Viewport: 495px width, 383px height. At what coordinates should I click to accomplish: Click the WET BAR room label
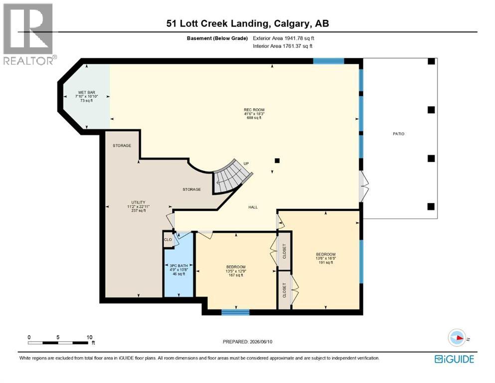(x=87, y=93)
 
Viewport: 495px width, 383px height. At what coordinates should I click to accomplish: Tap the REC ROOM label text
(x=254, y=110)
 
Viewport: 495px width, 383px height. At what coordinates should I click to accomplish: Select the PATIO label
(x=398, y=134)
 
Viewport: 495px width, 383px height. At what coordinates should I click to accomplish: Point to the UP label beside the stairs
(x=246, y=164)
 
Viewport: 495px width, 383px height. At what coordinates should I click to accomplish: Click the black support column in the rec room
(x=277, y=161)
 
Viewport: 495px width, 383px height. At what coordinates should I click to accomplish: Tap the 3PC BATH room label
(x=178, y=265)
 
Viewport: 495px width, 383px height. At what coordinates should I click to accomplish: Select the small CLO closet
(x=168, y=240)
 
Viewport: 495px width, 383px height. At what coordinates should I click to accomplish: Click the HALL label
(x=253, y=207)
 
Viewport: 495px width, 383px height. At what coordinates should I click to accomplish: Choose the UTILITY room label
(x=138, y=202)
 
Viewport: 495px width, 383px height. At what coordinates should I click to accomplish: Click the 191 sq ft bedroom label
(x=326, y=254)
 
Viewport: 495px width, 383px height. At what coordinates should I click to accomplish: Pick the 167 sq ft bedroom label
(x=235, y=267)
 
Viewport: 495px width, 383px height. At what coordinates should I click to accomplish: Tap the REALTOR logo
(x=29, y=34)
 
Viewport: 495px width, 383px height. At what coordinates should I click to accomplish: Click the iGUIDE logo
(x=454, y=359)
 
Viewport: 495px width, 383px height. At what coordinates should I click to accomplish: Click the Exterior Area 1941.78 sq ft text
(x=284, y=38)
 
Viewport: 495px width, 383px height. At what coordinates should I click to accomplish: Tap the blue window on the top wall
(x=329, y=61)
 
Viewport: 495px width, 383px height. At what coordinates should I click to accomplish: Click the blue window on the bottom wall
(x=235, y=313)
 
